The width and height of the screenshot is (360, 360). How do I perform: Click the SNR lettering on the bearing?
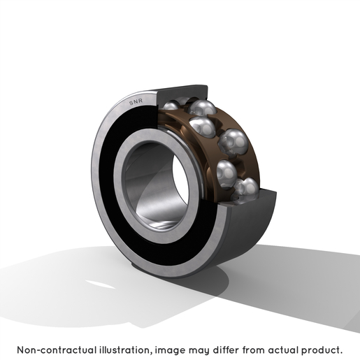pos(136,101)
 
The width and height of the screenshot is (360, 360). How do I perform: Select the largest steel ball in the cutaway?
pos(233,142)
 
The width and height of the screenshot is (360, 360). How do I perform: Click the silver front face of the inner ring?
pos(121,187)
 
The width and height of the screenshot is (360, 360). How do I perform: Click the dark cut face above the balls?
pos(182,93)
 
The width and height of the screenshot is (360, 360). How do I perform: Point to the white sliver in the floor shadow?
pos(100,285)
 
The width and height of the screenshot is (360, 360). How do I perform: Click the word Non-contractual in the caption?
pos(57,350)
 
